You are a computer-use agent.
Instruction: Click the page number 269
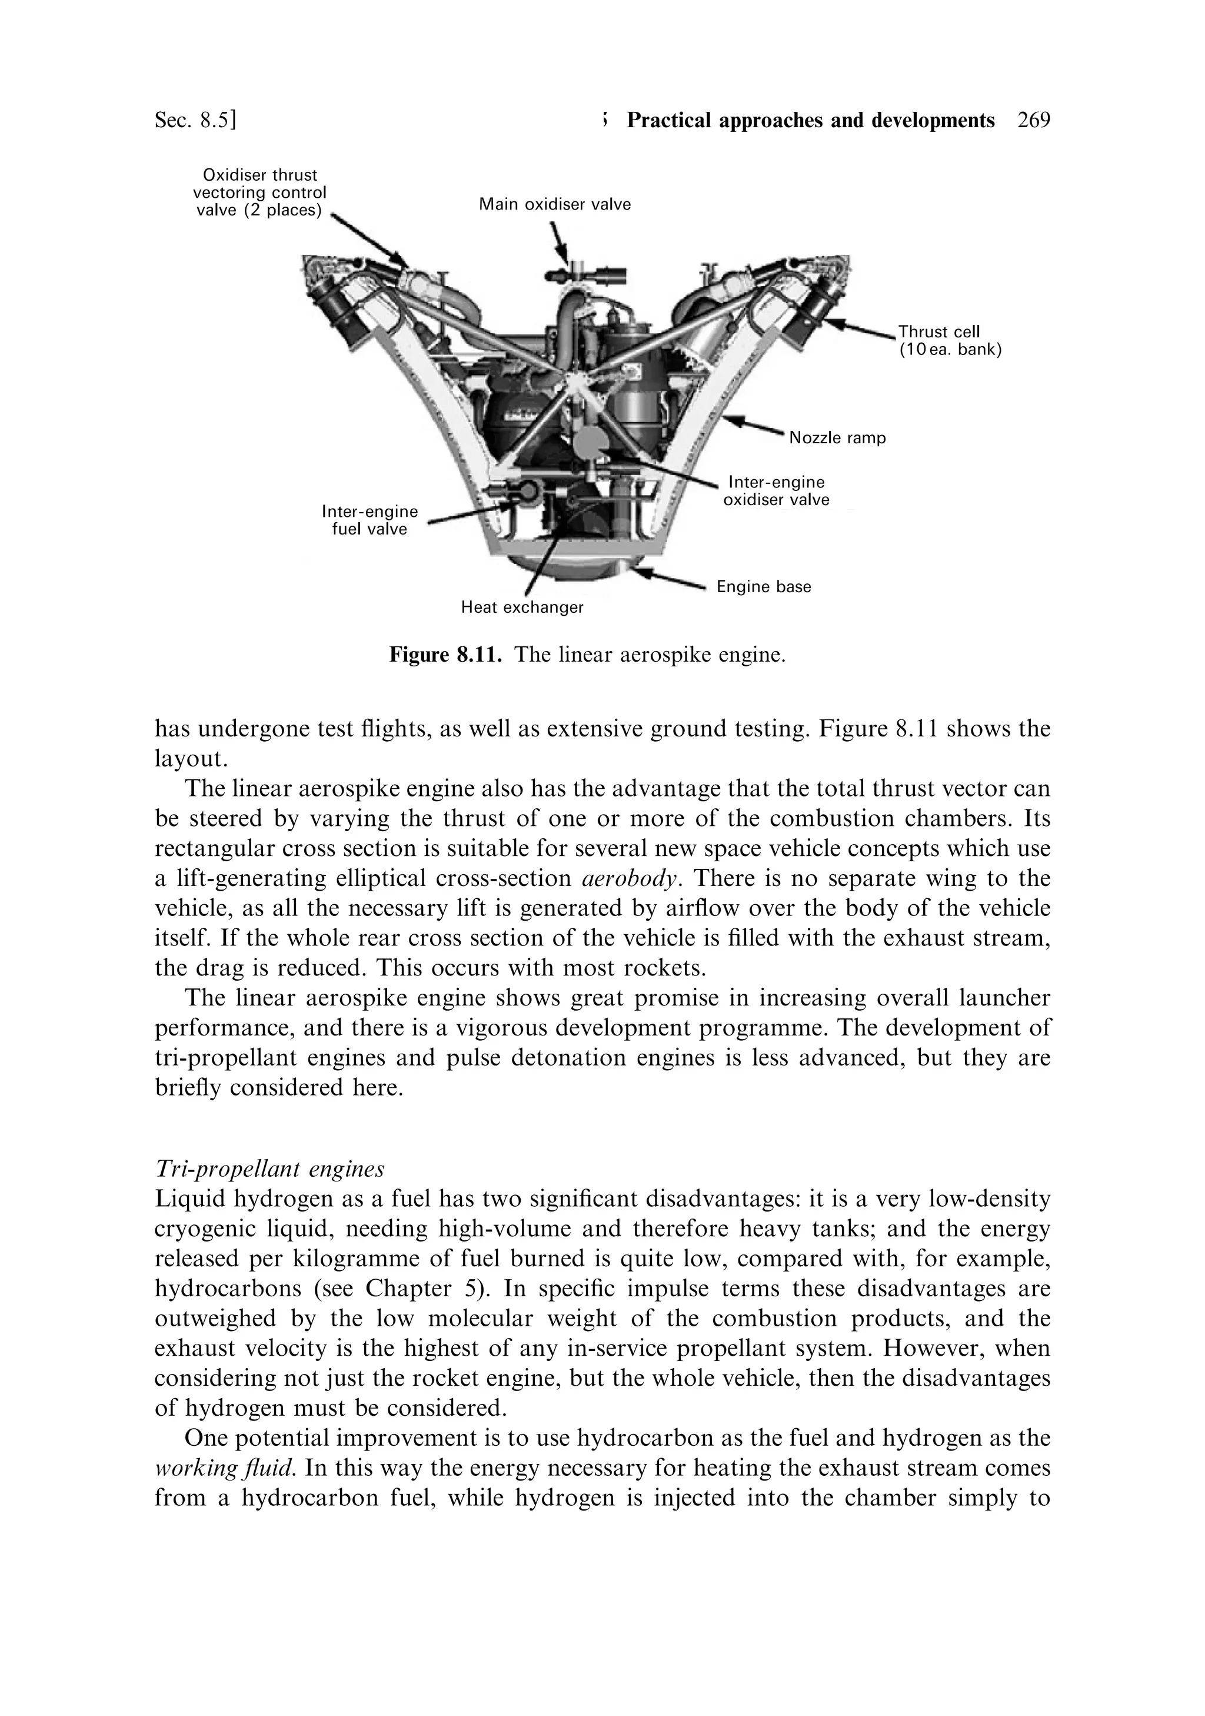(1033, 120)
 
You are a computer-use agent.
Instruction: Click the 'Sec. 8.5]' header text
(196, 120)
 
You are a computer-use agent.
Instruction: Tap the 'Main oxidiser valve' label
(554, 204)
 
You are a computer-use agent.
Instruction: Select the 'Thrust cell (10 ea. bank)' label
(948, 340)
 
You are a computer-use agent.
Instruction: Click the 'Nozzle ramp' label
(837, 438)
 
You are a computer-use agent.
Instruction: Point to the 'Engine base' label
(763, 587)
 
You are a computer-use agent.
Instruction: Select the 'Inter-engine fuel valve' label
(369, 520)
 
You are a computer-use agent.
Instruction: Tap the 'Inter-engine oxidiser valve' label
(776, 491)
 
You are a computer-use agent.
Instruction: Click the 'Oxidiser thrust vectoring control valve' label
(259, 193)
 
